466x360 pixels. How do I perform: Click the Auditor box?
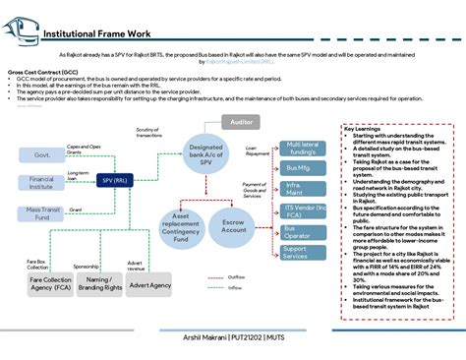pyautogui.click(x=240, y=122)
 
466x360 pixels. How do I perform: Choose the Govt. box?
pyautogui.click(x=41, y=154)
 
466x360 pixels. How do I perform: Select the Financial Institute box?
pyautogui.click(x=41, y=182)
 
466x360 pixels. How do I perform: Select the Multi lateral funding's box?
pyautogui.click(x=303, y=149)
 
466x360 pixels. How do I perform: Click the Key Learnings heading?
pyautogui.click(x=365, y=128)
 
